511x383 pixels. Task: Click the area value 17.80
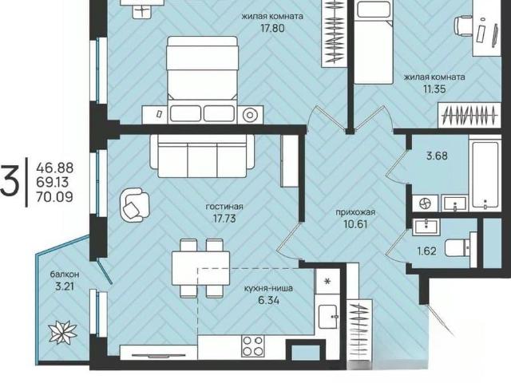pos(272,29)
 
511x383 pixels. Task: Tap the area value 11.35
pos(434,89)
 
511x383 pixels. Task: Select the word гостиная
pos(224,207)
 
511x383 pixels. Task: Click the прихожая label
pos(355,212)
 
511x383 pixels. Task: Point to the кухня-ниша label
pos(268,288)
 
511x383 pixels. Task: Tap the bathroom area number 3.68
pos(437,156)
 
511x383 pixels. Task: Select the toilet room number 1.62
pos(426,251)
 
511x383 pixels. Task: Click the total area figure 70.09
pos(54,197)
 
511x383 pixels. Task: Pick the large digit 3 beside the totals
pos(10,181)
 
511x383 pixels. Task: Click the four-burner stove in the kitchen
pos(253,346)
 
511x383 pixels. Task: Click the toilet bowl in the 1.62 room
pos(458,248)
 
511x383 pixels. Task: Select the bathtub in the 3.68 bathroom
pos(485,175)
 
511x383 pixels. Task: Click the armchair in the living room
pos(135,205)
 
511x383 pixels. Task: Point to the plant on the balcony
pos(62,332)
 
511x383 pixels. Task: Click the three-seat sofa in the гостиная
pos(202,156)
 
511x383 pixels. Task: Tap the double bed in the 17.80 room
pos(202,80)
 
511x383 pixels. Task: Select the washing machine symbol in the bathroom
pos(426,204)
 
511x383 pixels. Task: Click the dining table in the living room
pos(200,268)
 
